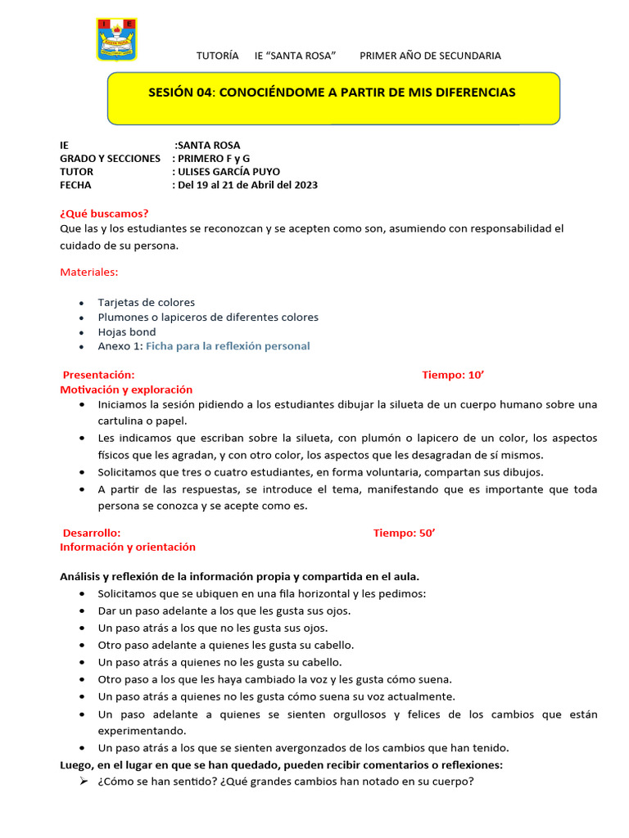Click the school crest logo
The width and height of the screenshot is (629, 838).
(117, 38)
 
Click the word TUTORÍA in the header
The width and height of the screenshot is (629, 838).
(218, 56)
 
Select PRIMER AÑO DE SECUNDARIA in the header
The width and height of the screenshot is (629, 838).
(430, 56)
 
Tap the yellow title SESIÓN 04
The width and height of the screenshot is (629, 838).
(332, 92)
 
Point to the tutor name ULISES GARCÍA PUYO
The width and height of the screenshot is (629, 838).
(229, 172)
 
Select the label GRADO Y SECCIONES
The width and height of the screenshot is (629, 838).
(110, 158)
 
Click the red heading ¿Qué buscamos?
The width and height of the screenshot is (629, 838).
(104, 214)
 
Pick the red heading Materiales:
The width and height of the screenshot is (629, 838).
(89, 271)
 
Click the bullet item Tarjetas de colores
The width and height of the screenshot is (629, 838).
(146, 302)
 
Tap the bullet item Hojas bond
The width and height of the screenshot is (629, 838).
(127, 332)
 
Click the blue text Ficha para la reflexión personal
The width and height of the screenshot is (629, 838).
(228, 346)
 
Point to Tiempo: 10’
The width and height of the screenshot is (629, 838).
(454, 375)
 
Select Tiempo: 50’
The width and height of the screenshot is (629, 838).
(405, 533)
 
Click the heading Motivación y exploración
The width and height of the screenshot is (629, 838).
(126, 390)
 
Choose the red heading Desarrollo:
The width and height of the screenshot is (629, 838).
(92, 533)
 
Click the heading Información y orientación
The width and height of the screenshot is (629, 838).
(128, 547)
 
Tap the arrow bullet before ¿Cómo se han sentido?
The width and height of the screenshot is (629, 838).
(84, 781)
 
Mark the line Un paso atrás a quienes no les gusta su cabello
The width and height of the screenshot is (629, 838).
(219, 662)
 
